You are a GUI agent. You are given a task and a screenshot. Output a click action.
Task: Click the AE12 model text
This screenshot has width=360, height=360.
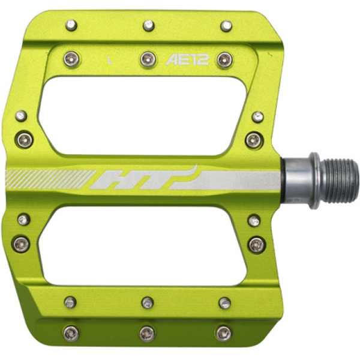click(187, 60)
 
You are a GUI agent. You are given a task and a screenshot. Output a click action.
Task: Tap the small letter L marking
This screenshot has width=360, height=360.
click(110, 60)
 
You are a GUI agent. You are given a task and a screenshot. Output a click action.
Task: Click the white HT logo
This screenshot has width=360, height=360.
click(144, 178)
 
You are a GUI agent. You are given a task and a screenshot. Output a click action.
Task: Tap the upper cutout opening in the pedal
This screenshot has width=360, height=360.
click(143, 115)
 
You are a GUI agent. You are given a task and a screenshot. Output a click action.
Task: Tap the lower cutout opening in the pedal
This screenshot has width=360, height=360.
click(143, 246)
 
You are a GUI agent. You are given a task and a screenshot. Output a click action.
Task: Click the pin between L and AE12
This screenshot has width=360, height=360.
click(148, 59)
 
